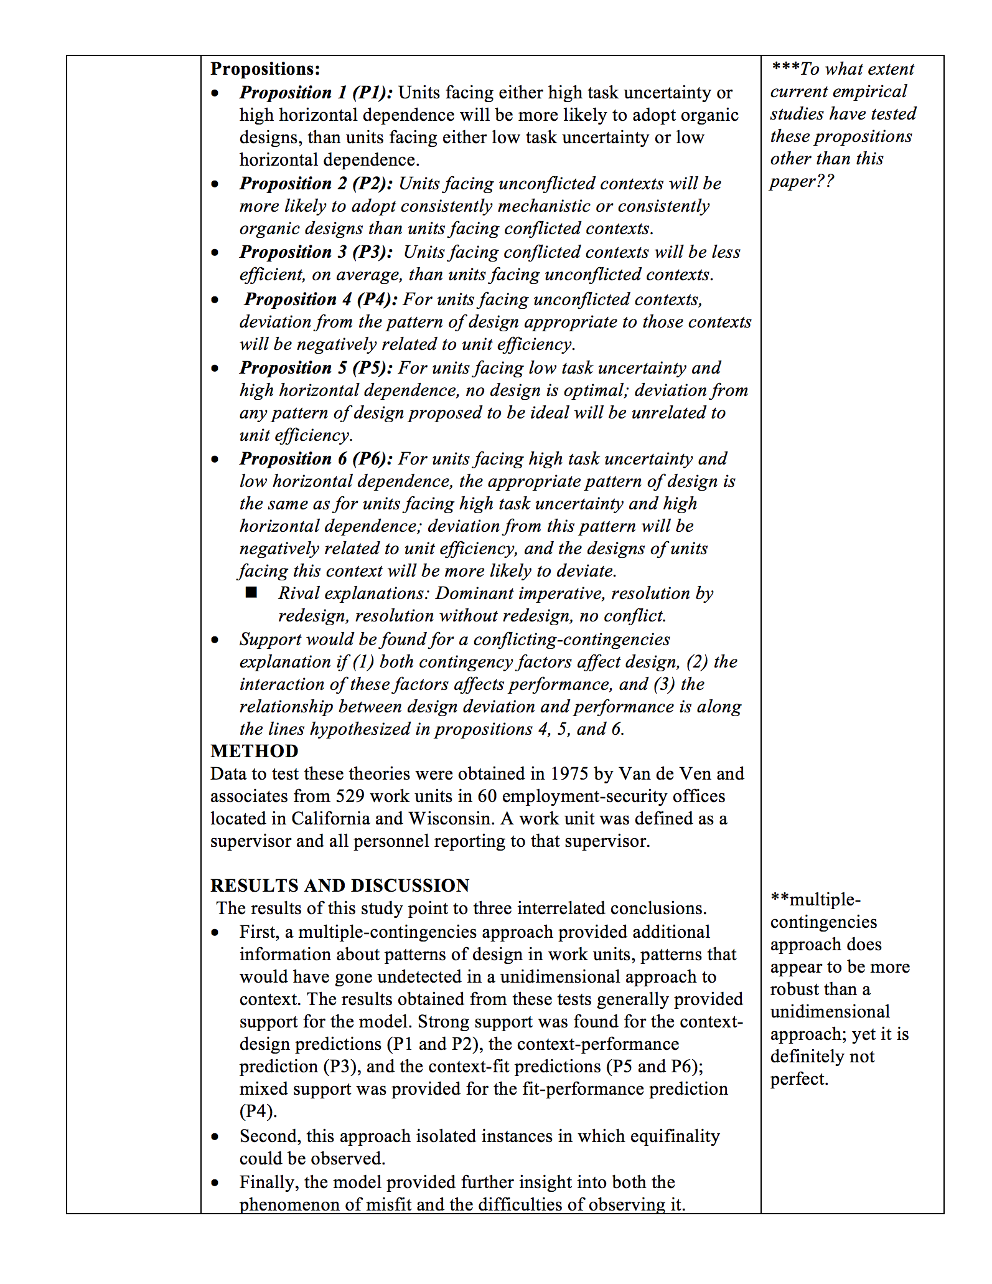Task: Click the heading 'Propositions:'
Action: point(265,68)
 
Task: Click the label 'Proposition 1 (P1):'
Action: point(316,92)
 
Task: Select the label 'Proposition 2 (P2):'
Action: point(316,183)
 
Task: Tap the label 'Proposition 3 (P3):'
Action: point(316,252)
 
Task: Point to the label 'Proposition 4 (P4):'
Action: point(321,299)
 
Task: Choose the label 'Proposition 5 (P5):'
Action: point(316,367)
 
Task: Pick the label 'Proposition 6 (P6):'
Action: point(316,458)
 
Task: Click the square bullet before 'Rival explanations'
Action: point(251,592)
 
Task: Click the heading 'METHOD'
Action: point(254,751)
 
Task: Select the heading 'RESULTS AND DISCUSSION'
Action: point(340,885)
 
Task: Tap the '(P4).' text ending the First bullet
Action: point(258,1111)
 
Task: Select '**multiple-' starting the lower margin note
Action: point(815,899)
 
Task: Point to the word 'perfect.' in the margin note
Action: point(799,1079)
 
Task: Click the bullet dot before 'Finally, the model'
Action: point(215,1183)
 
